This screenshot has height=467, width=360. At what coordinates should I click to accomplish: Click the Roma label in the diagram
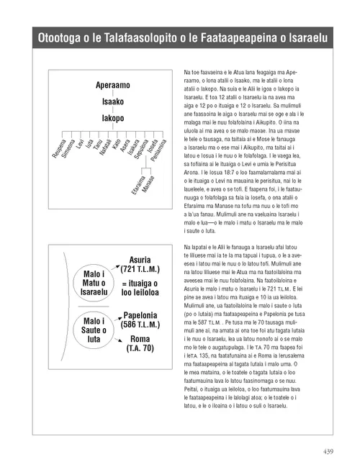click(x=140, y=339)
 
